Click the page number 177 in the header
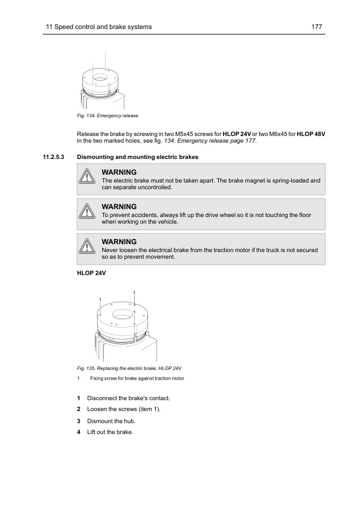(317, 27)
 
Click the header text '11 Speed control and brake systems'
(98, 27)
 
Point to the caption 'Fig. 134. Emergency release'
(108, 115)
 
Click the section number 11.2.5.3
(54, 157)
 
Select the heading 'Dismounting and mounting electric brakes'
(138, 157)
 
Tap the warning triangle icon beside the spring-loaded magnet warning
(86, 177)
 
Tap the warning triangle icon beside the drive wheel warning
(86, 212)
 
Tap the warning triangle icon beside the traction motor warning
(86, 247)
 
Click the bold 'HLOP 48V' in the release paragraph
(311, 134)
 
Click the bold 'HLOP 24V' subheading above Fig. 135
(91, 273)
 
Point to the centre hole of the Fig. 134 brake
(100, 78)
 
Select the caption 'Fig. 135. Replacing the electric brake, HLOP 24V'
(129, 368)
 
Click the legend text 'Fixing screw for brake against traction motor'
(137, 378)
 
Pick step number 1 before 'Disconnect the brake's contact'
(79, 398)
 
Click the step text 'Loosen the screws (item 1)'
(124, 409)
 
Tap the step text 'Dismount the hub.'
(111, 421)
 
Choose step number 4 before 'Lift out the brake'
(79, 432)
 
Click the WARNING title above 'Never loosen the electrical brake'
(119, 242)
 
